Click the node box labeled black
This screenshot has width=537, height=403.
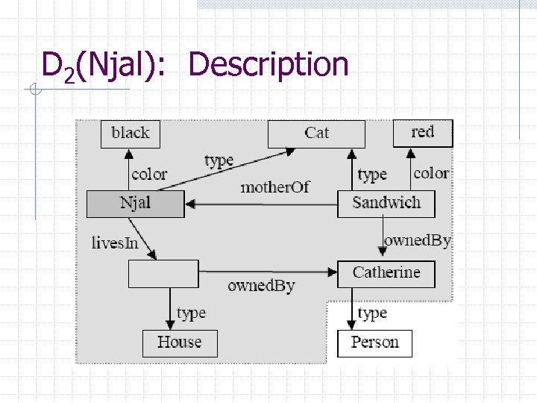130,134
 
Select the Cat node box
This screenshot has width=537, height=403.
316,134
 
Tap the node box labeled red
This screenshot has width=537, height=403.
422,133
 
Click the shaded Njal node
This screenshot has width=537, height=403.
135,203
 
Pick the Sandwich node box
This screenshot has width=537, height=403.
386,203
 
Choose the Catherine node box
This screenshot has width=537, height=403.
386,273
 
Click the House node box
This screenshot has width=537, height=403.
179,343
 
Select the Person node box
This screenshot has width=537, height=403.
374,343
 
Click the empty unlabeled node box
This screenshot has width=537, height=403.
163,273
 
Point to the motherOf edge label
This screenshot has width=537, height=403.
274,187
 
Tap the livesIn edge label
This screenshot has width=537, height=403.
114,243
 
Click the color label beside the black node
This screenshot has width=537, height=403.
149,175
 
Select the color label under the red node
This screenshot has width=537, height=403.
431,174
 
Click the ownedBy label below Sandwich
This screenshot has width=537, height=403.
417,240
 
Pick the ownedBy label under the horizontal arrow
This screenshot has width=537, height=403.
261,286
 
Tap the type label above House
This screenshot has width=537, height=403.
191,313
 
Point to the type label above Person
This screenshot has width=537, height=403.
372,313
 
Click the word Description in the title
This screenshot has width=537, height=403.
268,65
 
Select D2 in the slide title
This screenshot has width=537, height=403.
57,67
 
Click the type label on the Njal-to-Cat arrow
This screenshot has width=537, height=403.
219,161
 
